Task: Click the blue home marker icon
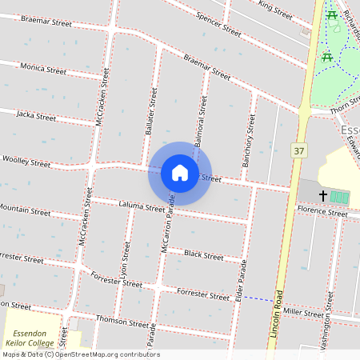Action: (180, 173)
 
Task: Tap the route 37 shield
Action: (299, 150)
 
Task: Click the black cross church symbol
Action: (324, 195)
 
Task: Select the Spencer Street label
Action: (218, 26)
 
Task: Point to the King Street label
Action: (275, 10)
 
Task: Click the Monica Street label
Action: (43, 69)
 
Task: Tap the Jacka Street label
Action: (36, 116)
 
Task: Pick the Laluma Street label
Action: (142, 208)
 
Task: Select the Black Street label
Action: (203, 255)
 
